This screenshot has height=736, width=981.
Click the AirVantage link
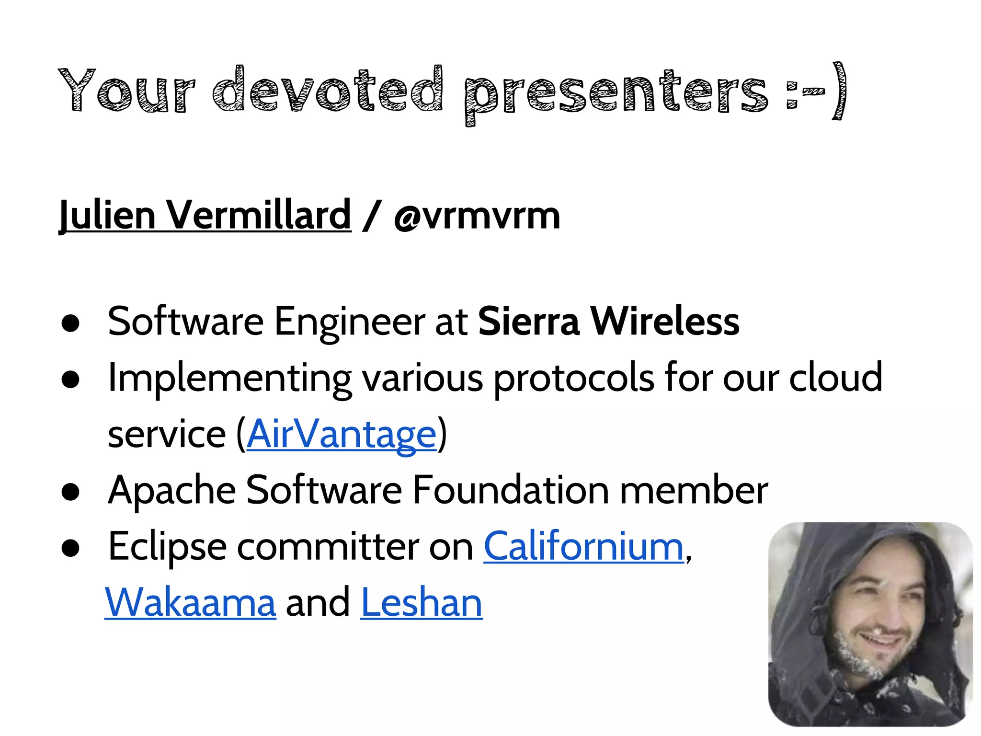[x=342, y=434]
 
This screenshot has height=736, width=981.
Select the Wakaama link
[x=190, y=602]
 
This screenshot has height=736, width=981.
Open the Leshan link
[x=421, y=602]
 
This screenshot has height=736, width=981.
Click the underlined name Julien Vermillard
[x=205, y=215]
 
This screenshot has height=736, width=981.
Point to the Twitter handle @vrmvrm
[x=477, y=216]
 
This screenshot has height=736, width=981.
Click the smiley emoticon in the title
[x=816, y=91]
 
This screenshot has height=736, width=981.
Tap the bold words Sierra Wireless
[x=608, y=322]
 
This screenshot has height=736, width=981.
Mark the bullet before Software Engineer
[x=70, y=324]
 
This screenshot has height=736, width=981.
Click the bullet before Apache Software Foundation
[x=70, y=493]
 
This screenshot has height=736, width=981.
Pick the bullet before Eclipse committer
[x=70, y=549]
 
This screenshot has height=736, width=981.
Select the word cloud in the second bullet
[x=835, y=378]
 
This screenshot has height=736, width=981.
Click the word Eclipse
[x=167, y=547]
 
